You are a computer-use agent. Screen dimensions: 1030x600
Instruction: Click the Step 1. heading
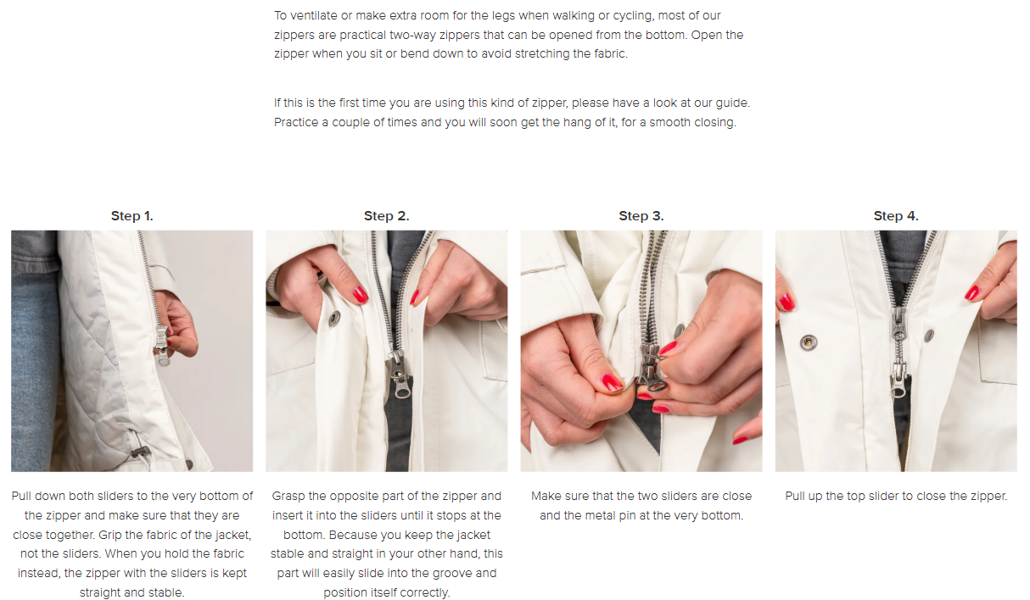click(x=132, y=216)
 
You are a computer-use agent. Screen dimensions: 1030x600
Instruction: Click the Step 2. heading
click(x=387, y=216)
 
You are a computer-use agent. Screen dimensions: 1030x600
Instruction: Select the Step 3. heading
click(x=641, y=216)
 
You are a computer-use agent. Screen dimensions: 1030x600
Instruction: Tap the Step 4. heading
click(x=896, y=216)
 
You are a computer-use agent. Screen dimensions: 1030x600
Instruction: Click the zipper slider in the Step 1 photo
click(x=162, y=345)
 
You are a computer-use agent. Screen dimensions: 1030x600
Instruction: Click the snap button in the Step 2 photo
click(x=334, y=318)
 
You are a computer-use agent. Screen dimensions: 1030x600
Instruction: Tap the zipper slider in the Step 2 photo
click(x=399, y=373)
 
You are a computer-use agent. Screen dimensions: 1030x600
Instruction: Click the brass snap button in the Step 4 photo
click(x=808, y=342)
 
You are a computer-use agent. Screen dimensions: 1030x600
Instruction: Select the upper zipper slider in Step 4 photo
click(x=898, y=323)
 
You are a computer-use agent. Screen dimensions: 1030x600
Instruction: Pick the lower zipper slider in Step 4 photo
click(x=898, y=379)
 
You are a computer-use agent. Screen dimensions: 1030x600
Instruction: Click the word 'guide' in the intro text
click(x=732, y=103)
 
